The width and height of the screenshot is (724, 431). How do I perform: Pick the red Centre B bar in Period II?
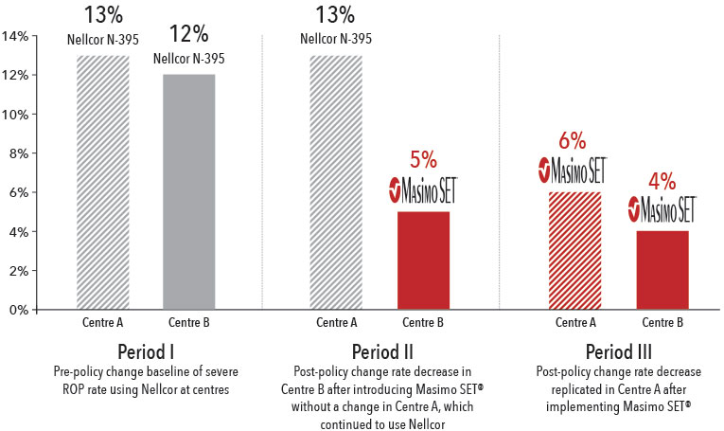[x=423, y=260]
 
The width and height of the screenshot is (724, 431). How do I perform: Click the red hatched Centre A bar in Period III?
[x=571, y=250]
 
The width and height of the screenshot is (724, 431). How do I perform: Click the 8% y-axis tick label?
[x=19, y=153]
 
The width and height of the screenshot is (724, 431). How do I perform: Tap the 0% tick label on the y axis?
[x=19, y=310]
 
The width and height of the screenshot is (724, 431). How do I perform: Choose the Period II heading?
[x=379, y=345]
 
